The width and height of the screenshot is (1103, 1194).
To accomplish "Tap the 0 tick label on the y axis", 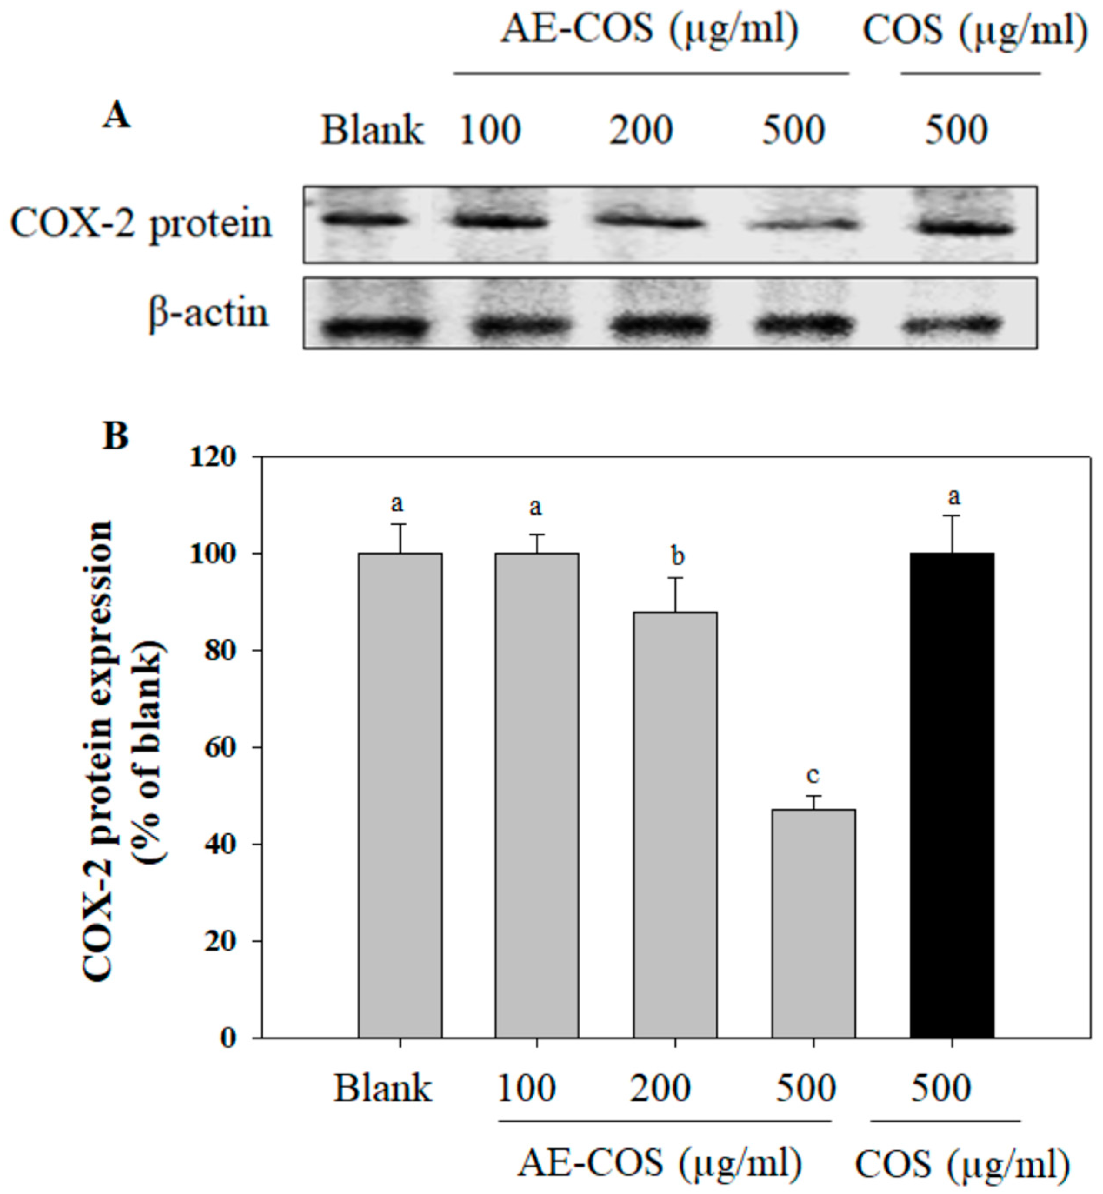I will pos(227,1039).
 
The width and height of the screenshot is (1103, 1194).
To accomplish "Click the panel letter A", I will pos(117,115).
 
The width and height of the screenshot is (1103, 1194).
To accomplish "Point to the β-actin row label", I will pos(208,313).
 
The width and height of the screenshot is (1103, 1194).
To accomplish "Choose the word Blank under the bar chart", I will pos(383,1089).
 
